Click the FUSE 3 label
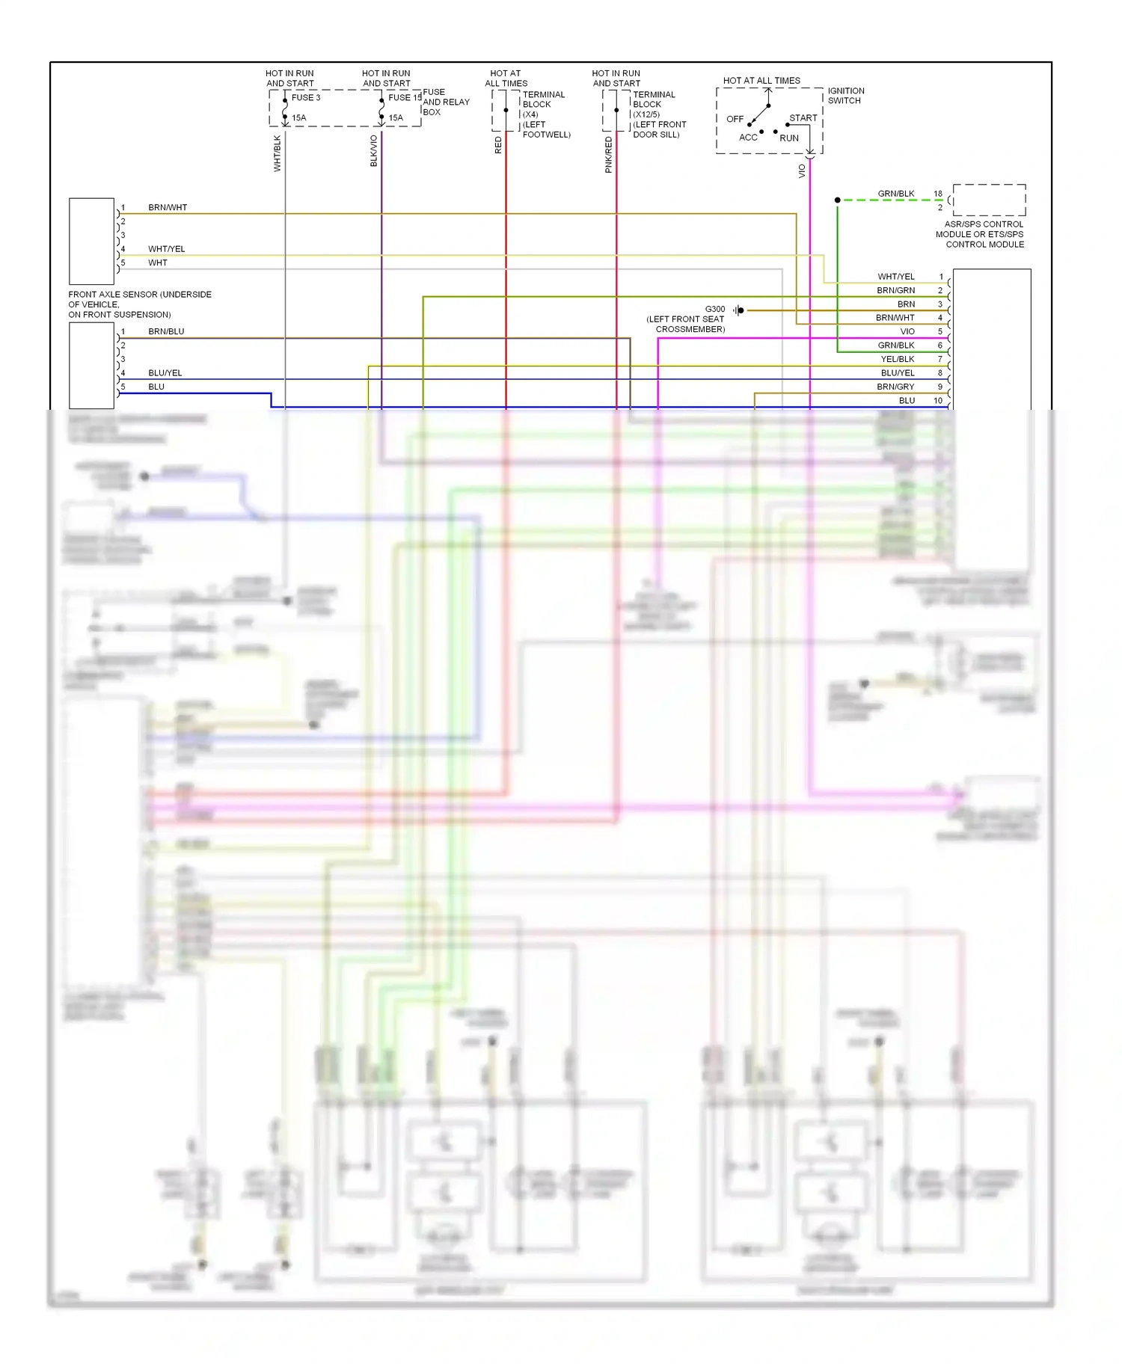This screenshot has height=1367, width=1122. [305, 98]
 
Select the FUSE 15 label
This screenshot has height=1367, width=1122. [405, 98]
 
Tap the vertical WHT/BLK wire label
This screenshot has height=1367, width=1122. [278, 153]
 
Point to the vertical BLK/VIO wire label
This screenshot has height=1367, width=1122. [374, 151]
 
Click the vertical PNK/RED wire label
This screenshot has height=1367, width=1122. [609, 155]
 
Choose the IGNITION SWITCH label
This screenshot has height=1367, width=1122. [845, 96]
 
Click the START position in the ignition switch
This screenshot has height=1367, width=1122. [803, 118]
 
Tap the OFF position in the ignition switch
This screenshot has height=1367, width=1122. [735, 119]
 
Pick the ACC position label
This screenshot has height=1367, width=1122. [748, 138]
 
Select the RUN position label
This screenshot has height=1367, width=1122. [789, 138]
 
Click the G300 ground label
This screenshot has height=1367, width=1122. [714, 309]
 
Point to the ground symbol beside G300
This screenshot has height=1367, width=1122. [738, 310]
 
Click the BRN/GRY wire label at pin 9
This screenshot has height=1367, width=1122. [895, 387]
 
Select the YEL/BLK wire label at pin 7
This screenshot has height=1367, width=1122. [897, 359]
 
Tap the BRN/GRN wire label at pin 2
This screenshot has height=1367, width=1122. [895, 290]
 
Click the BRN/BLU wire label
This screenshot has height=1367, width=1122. [166, 331]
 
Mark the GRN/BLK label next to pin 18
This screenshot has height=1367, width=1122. [895, 194]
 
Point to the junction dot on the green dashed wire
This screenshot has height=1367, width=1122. [837, 200]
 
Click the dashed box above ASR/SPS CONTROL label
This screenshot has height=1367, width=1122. [989, 200]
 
